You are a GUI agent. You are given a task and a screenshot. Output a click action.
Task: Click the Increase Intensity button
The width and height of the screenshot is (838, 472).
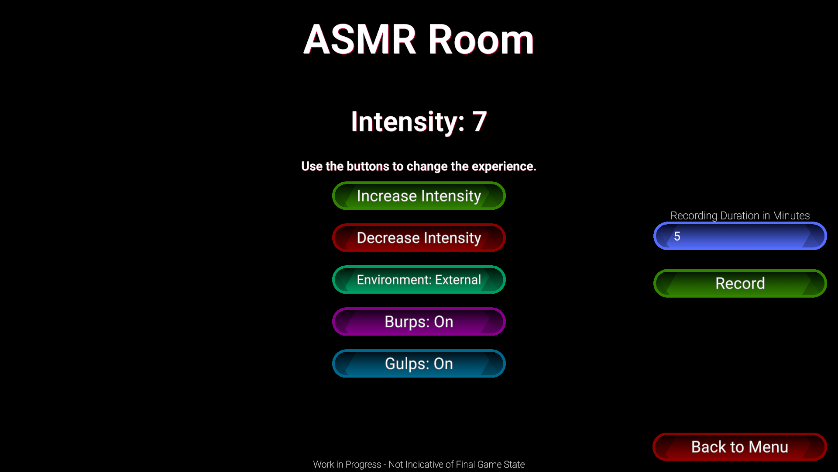[419, 196]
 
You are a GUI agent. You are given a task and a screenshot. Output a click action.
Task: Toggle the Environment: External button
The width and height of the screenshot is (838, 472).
[419, 280]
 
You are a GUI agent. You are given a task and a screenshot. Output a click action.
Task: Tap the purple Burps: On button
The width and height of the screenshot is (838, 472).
[419, 322]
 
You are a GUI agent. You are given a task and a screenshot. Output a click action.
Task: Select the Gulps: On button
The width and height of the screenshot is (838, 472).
[419, 364]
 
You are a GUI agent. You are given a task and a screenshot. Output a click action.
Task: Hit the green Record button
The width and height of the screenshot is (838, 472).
[740, 283]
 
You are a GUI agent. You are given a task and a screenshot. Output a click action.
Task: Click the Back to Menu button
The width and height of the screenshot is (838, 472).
[740, 447]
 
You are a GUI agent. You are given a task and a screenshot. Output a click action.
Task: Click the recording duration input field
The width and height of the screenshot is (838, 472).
[740, 236]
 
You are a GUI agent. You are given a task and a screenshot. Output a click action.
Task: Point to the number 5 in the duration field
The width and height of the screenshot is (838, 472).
[677, 236]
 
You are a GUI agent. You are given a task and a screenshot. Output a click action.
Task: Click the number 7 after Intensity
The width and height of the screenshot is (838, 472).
[480, 121]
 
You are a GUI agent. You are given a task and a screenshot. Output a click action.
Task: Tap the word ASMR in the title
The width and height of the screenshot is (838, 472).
[360, 40]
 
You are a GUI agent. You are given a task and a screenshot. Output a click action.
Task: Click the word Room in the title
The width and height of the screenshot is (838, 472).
[481, 40]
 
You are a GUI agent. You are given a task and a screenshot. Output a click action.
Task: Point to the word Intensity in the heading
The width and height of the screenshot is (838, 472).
[408, 121]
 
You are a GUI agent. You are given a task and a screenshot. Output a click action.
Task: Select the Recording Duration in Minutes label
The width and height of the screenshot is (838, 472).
[740, 215]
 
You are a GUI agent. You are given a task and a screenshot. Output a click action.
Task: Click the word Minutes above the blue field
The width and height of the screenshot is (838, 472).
[791, 215]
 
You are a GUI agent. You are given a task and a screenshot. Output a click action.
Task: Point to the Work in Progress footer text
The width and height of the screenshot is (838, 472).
[419, 465]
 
